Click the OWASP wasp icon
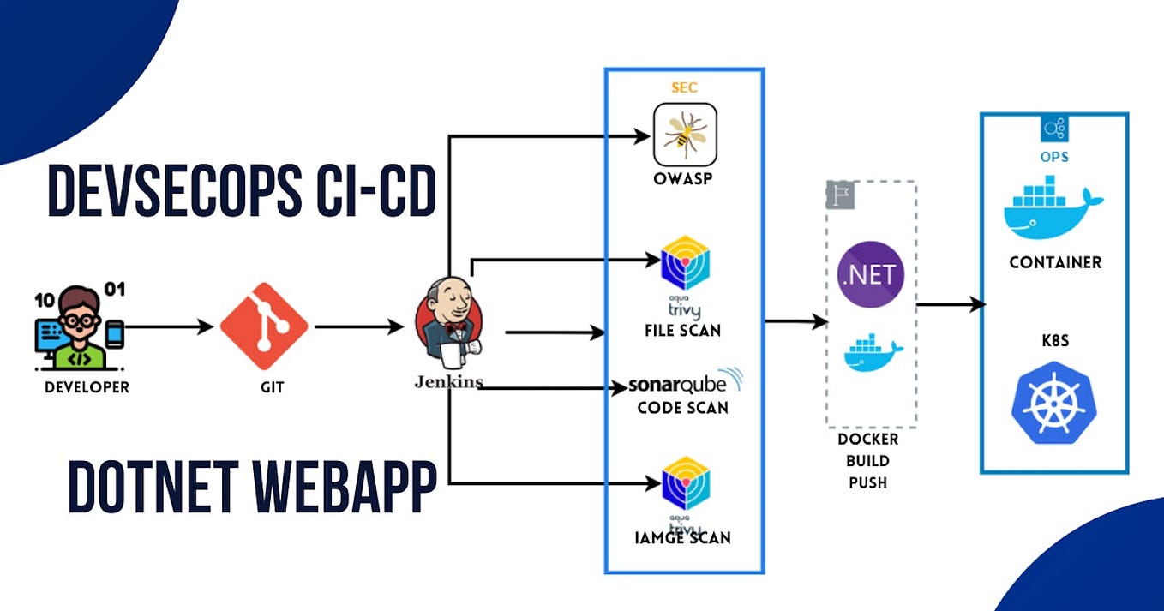[x=685, y=135]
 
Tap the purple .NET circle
[x=871, y=275]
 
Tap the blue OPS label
[x=1054, y=158]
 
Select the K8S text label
[x=1054, y=341]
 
